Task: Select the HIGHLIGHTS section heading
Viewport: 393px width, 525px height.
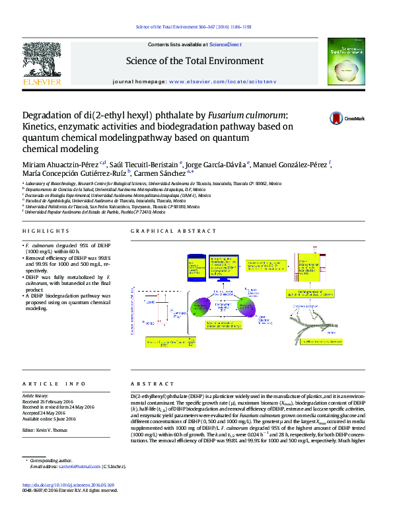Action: click(x=46, y=231)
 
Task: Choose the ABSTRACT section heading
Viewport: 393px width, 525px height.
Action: click(x=153, y=384)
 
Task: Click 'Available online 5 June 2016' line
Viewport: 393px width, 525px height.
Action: click(x=49, y=419)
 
